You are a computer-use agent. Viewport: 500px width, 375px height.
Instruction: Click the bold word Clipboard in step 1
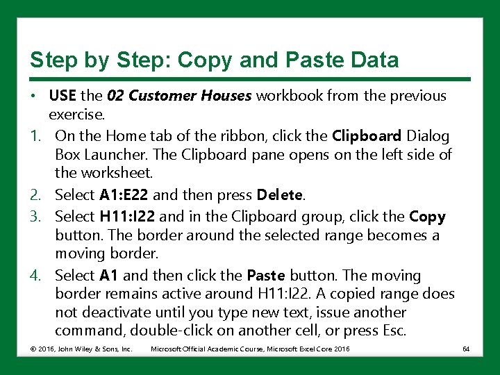tap(366, 136)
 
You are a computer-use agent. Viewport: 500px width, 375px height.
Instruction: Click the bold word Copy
tap(428, 217)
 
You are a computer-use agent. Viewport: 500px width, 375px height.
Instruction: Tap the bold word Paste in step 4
tap(266, 276)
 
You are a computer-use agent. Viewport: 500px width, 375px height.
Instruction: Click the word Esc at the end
tap(392, 331)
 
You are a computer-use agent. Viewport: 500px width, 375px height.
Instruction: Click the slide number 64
tap(466, 349)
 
